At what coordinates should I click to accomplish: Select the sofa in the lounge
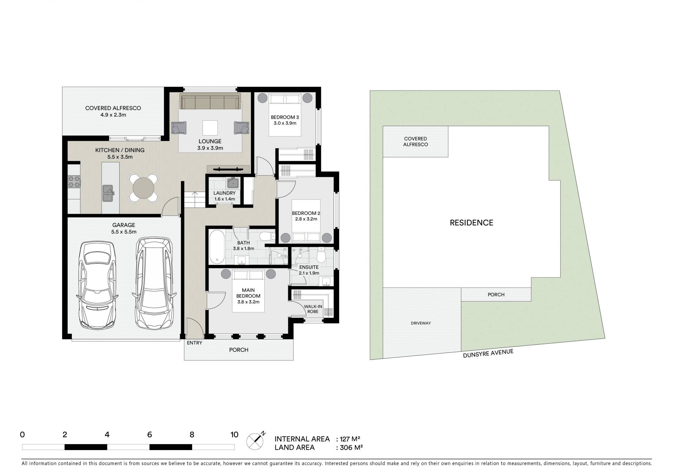[210, 101]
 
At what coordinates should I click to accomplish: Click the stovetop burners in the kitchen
[74, 181]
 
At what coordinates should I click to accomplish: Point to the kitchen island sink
[108, 193]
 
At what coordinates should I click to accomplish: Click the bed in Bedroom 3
[285, 114]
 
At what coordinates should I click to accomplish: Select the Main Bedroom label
[248, 293]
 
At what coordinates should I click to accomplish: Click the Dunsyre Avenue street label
[488, 353]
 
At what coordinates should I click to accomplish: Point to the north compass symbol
[256, 441]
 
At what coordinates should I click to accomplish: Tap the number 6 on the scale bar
[150, 435]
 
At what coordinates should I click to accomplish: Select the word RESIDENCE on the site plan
[471, 223]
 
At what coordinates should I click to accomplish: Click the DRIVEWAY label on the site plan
[421, 323]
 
